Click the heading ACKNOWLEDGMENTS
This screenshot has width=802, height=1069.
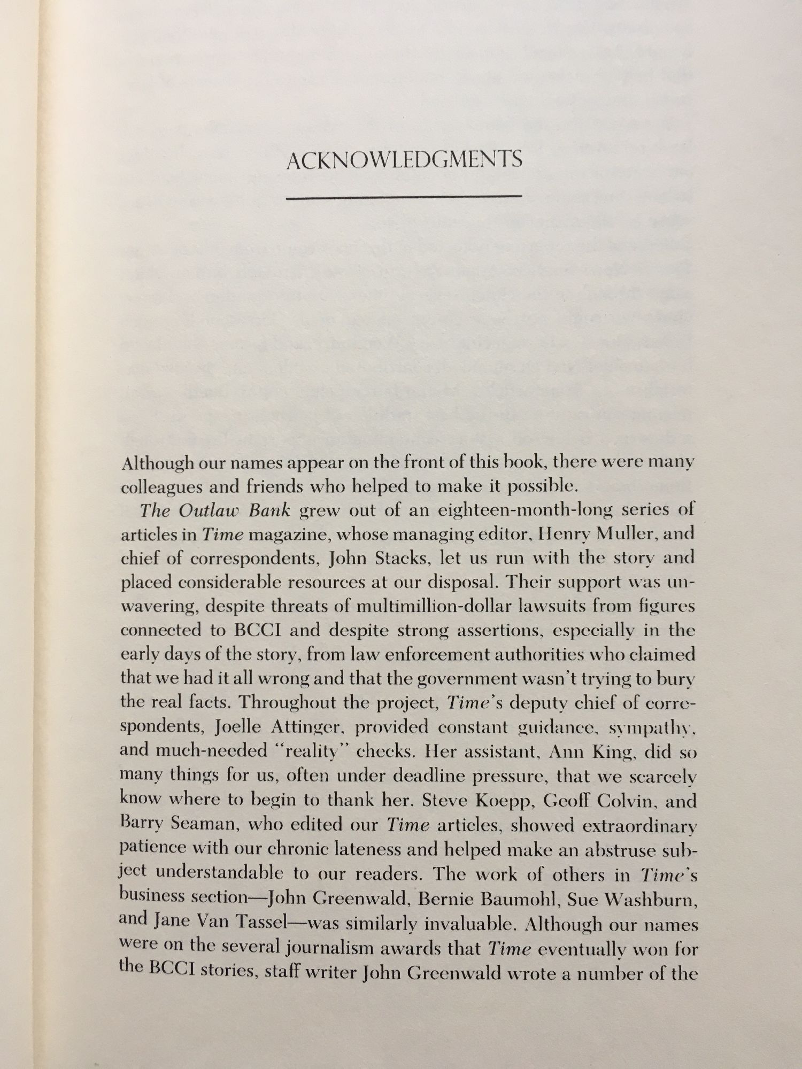pos(404,160)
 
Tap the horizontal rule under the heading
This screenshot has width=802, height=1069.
pos(404,198)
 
